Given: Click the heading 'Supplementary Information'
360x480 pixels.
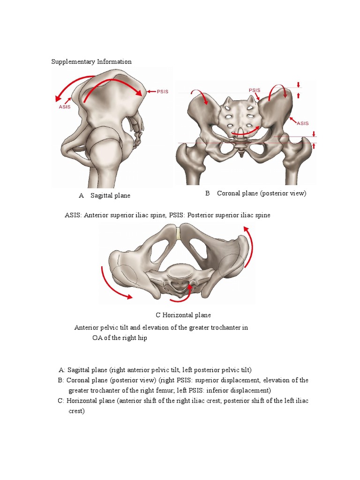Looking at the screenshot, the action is point(91,62).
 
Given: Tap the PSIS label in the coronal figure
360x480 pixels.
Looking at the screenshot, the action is point(255,90).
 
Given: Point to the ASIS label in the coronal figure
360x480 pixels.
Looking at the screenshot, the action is point(303,123).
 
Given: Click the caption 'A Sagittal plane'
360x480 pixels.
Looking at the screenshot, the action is point(105,195).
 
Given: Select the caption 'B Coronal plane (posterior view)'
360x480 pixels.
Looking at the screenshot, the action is point(255,194).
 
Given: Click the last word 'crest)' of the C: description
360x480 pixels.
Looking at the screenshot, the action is point(76,411).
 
